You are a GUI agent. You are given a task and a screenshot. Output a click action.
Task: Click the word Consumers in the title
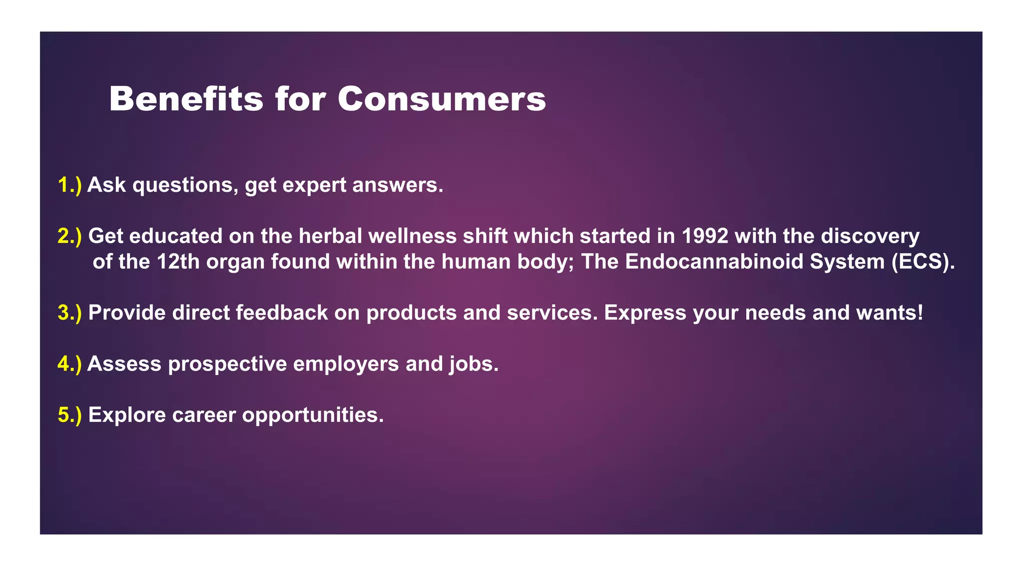click(442, 99)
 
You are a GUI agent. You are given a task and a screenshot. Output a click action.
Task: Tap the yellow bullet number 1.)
click(69, 185)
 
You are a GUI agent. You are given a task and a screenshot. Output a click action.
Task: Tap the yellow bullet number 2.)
click(69, 236)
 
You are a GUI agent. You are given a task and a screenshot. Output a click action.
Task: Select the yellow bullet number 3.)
click(69, 313)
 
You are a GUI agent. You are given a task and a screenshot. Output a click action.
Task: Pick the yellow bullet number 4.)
click(69, 364)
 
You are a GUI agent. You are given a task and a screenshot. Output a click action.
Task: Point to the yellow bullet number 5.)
click(69, 415)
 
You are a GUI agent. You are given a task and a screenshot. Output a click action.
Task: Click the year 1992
click(705, 236)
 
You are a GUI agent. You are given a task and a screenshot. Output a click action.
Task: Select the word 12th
click(178, 262)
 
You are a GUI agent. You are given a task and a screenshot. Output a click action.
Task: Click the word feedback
click(282, 313)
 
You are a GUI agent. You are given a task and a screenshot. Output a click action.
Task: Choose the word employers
click(346, 364)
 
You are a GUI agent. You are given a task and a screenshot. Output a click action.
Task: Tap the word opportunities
click(313, 415)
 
